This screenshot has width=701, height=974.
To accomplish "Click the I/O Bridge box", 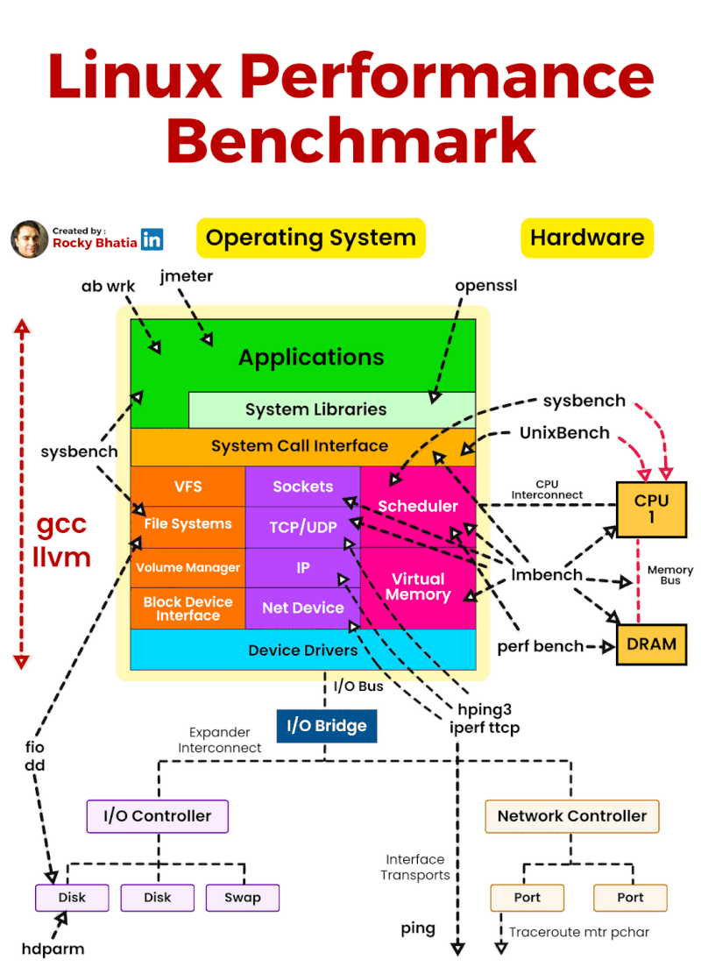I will pos(326,726).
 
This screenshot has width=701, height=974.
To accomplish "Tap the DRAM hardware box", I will pos(651,644).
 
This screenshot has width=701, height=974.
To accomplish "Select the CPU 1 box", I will pos(651,509).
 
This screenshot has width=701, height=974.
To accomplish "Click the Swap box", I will pos(242,898).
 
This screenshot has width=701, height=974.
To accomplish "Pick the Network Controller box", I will pos(571,816).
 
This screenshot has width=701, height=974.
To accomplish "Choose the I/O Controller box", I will pos(158,816).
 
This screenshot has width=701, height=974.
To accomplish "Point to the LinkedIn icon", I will pos(152,239).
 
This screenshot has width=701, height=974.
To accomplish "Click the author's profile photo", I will pos(29,239).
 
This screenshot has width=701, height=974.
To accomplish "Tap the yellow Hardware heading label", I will pos(587,238).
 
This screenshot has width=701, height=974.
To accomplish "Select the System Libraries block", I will pos(315,409).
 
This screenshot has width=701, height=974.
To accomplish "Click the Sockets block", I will pos(302,487).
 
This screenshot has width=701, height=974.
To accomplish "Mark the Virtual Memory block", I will pos(418,587).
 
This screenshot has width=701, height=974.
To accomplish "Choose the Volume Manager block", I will pos(188,567).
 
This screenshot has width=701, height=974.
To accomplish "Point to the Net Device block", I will pos(302,608).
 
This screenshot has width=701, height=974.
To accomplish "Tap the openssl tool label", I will pos(486,286).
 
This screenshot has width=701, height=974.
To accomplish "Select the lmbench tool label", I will pos(547,575).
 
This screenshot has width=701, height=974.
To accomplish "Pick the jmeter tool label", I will pos(187,277).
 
